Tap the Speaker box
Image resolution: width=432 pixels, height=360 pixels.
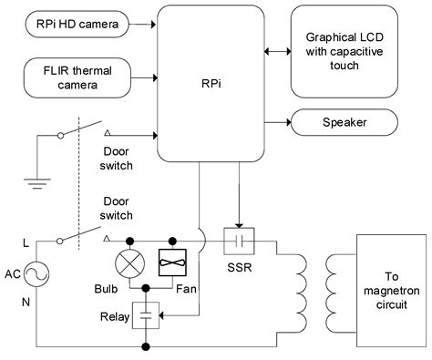[344, 123]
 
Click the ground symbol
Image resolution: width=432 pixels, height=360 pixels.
[37, 181]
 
